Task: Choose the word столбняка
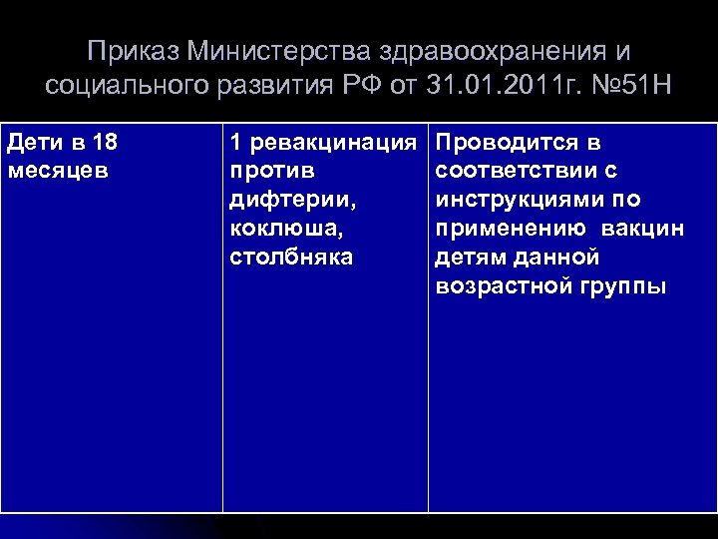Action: [290, 258]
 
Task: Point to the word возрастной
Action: [501, 286]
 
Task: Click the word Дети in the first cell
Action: [31, 143]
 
